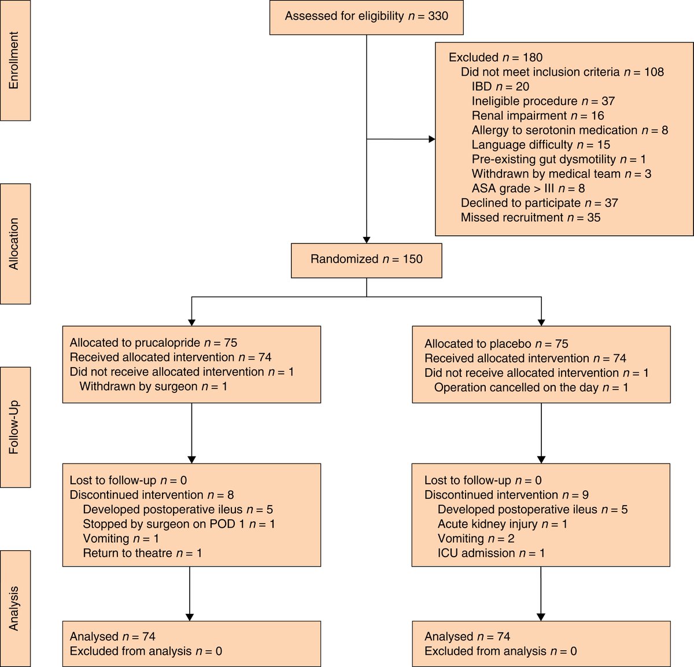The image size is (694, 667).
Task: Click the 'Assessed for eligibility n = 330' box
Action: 366,16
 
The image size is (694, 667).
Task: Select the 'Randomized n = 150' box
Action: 366,260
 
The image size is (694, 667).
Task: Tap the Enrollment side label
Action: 14,60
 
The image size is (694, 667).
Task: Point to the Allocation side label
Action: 14,244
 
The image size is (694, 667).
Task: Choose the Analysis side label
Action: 14,608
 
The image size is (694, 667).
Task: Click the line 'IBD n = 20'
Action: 500,87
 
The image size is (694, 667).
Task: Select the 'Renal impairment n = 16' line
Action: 537,116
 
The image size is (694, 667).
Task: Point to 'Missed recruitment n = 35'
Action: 530,218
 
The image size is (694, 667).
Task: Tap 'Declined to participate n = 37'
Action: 539,203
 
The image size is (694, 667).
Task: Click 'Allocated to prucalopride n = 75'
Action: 153,343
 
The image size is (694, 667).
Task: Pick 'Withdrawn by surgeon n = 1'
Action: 153,386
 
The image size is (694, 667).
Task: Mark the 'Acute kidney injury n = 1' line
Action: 502,524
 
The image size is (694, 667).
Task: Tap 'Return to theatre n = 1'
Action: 142,553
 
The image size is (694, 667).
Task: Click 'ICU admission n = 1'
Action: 491,553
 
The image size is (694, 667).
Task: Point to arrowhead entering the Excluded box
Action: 431,139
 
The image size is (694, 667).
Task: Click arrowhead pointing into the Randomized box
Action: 366,239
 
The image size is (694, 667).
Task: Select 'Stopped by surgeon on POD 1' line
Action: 179,524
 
